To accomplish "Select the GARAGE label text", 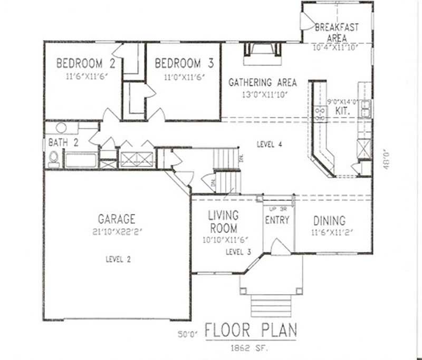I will [117, 218].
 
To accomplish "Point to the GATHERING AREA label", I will [262, 83].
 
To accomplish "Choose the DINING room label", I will [329, 221].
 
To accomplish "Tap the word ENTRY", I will [277, 219].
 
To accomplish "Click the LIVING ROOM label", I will [223, 222].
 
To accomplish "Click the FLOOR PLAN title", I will [251, 330].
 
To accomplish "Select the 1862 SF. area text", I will [251, 348].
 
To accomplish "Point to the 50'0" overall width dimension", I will [188, 334].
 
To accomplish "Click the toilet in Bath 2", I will [53, 159].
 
